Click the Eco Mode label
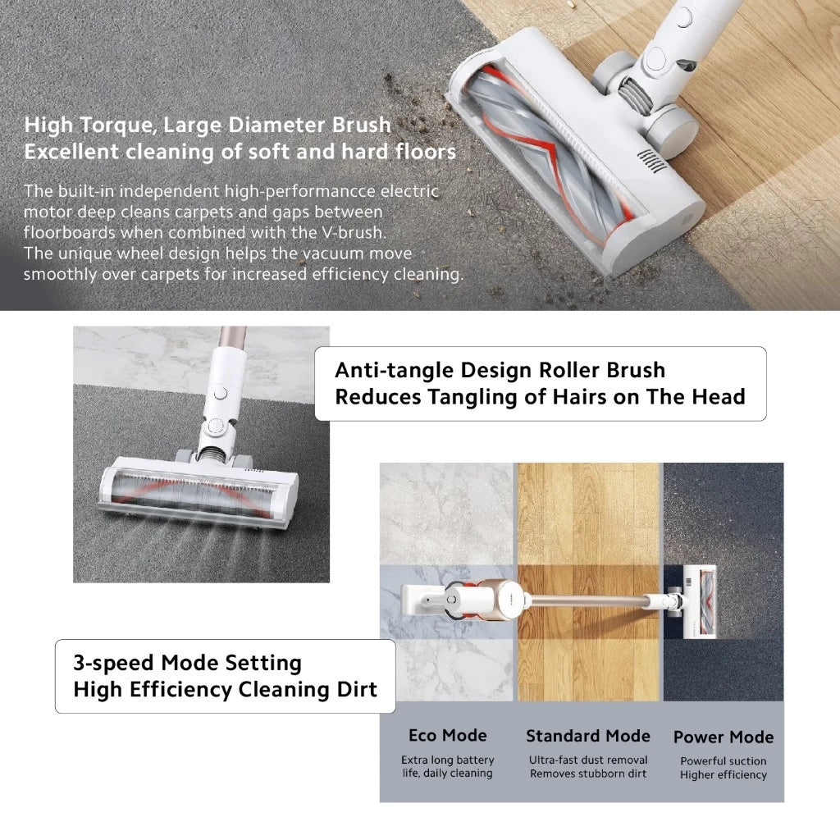pyautogui.click(x=448, y=735)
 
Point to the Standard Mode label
pyautogui.click(x=588, y=736)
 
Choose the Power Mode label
pyautogui.click(x=724, y=737)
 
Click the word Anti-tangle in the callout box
pyautogui.click(x=394, y=370)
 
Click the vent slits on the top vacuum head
pyautogui.click(x=651, y=161)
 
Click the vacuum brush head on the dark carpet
pyautogui.click(x=199, y=491)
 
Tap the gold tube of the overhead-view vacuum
pyautogui.click(x=589, y=600)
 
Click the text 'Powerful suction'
pyautogui.click(x=724, y=760)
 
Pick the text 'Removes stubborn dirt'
pyautogui.click(x=588, y=774)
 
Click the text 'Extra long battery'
pyautogui.click(x=448, y=760)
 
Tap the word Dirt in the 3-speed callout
pyautogui.click(x=357, y=689)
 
